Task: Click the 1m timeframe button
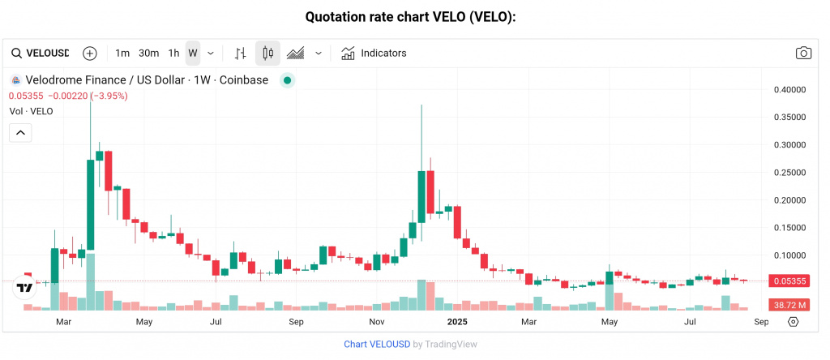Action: click(x=122, y=54)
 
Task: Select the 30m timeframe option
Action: click(x=148, y=54)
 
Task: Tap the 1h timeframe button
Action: click(x=173, y=54)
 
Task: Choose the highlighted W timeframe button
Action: click(x=193, y=54)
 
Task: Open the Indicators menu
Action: click(x=374, y=54)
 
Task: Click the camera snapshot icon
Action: click(x=803, y=54)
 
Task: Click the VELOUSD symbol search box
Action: click(x=41, y=54)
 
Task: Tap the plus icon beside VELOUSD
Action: click(x=90, y=54)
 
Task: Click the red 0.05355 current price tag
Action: click(x=789, y=281)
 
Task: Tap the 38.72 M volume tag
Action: click(x=789, y=305)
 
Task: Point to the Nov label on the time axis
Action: click(x=376, y=322)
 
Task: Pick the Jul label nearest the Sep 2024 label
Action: click(x=216, y=322)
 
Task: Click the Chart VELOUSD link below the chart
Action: click(x=377, y=344)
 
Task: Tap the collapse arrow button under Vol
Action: click(x=20, y=132)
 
